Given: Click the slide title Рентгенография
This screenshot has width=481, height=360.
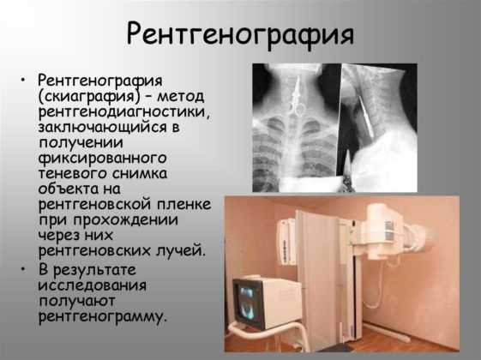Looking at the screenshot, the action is [240, 34].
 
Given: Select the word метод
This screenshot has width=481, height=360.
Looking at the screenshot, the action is [181, 96].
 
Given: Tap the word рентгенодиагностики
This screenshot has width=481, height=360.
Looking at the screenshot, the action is [125, 111].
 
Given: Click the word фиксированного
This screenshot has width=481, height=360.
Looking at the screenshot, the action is [102, 159].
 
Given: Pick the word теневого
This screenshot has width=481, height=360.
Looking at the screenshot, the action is [72, 173].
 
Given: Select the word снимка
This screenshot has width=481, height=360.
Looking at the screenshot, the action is [140, 173].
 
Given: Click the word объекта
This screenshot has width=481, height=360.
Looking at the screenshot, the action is [68, 189].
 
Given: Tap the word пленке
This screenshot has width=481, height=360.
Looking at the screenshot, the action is [184, 205].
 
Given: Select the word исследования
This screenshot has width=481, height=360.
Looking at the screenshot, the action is [93, 285].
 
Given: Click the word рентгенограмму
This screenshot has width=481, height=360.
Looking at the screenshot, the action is [102, 316].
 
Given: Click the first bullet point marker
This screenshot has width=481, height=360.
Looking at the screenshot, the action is [22, 81].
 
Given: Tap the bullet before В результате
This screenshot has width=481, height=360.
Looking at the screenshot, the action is [22, 269].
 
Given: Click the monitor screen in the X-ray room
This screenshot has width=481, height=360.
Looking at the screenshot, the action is [247, 303].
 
